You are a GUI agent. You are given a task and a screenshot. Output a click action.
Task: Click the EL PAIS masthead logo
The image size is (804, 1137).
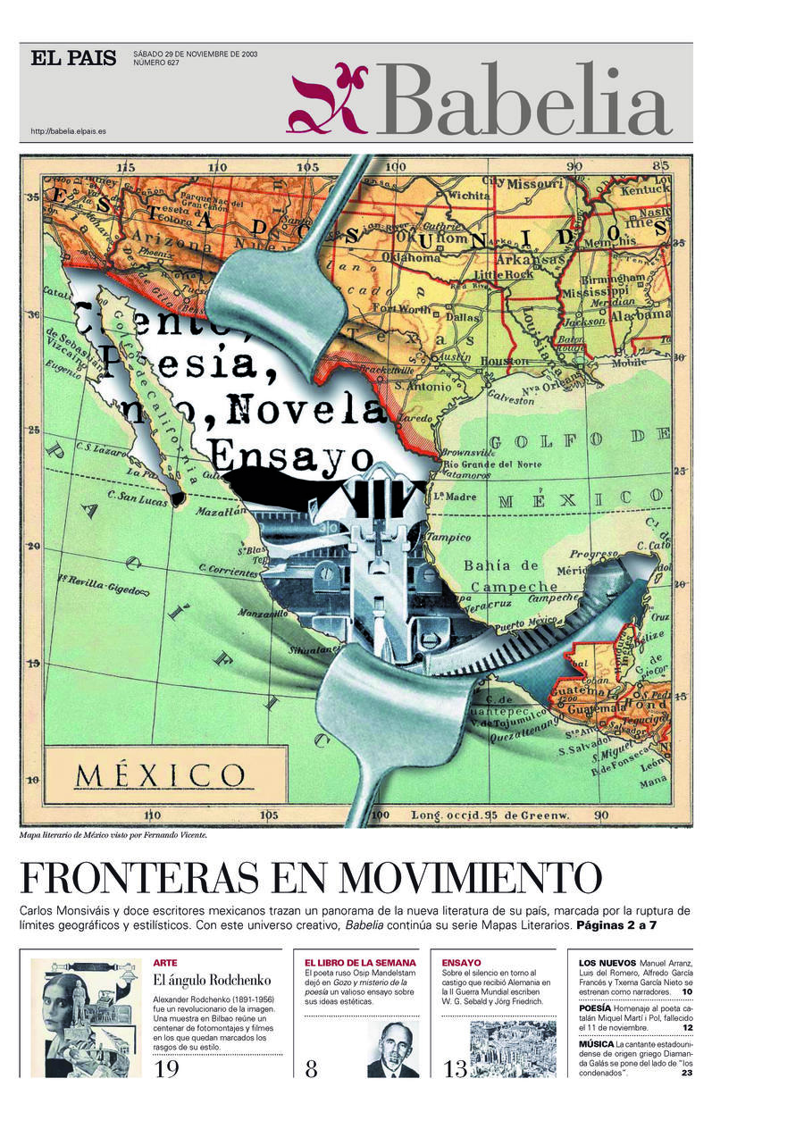click(x=73, y=59)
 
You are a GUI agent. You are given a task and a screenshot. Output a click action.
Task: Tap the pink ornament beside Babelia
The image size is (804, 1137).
click(x=327, y=99)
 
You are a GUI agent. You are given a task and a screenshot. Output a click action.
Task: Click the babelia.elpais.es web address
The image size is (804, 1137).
click(x=69, y=131)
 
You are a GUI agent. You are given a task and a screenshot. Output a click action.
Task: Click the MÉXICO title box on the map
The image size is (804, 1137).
click(x=160, y=774)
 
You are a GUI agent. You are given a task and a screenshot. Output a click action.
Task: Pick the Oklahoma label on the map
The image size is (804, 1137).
click(x=411, y=257)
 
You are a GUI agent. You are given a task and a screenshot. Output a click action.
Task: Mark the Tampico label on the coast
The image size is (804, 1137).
click(x=448, y=537)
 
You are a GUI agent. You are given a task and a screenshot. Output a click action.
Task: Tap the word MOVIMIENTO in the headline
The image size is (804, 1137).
click(x=472, y=879)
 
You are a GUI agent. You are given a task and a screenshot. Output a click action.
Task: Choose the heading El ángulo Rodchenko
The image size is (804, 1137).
click(x=212, y=981)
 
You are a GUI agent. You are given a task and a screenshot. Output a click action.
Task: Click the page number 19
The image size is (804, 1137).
click(x=167, y=1069)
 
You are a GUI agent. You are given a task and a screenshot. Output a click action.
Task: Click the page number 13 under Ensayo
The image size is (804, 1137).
click(x=456, y=1069)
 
